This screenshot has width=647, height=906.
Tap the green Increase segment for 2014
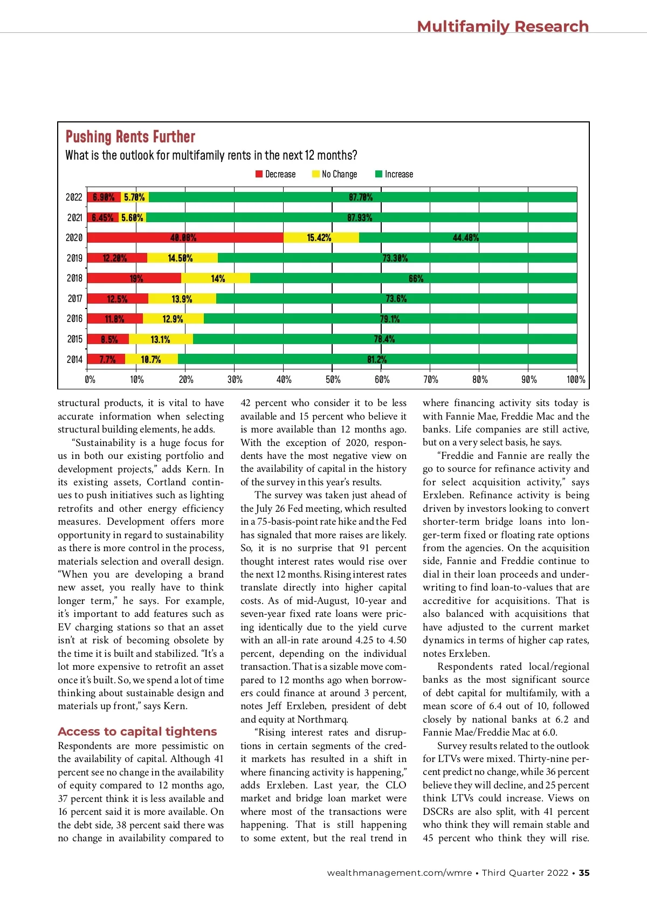click(x=377, y=359)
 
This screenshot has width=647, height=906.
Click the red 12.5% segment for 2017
click(x=118, y=299)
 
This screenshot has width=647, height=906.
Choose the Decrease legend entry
click(x=276, y=174)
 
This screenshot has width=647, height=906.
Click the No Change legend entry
click(x=335, y=174)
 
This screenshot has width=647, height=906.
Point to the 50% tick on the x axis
click(x=333, y=380)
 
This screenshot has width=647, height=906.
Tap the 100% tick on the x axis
click(x=575, y=380)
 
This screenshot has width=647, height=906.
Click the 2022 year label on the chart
click(x=74, y=197)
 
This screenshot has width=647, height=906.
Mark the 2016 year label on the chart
click(x=74, y=319)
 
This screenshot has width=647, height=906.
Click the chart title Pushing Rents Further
click(x=130, y=137)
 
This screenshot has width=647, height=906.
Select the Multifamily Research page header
click(x=503, y=26)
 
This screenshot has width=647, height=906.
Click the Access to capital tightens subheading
click(x=137, y=732)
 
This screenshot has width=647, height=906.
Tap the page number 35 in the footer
click(x=584, y=873)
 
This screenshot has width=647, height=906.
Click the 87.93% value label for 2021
click(x=360, y=217)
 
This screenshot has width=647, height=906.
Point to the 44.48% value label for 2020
click(x=466, y=238)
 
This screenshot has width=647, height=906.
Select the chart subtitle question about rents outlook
click(x=211, y=156)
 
